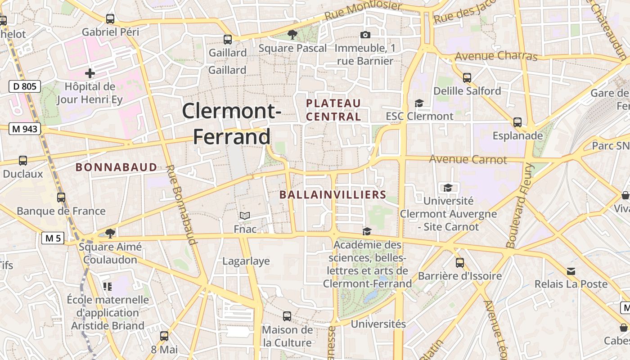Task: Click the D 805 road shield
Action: [25, 86]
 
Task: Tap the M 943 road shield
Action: [25, 129]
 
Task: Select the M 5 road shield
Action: [53, 238]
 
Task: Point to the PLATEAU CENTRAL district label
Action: [333, 110]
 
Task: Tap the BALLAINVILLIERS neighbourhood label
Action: [333, 195]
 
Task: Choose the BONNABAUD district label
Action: [116, 167]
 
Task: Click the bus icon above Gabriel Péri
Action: [110, 19]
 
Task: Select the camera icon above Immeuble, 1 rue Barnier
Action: [365, 35]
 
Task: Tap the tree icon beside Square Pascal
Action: [292, 35]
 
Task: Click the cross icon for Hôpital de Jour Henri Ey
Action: [90, 73]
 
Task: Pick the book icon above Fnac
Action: [244, 216]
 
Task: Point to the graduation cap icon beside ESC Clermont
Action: [419, 103]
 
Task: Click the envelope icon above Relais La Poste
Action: [571, 271]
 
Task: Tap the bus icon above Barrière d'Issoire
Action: [459, 262]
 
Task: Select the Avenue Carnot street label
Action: [468, 159]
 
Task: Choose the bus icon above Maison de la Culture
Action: [287, 316]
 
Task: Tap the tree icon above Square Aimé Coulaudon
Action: [110, 233]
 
